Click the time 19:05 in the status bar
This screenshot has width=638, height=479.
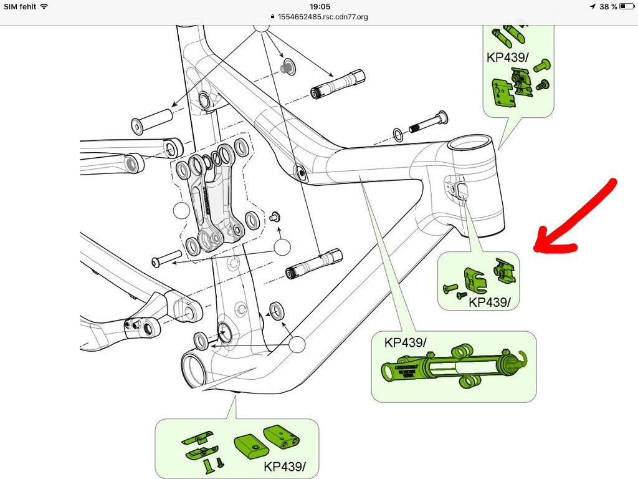pyautogui.click(x=319, y=6)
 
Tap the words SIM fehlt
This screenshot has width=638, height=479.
pyautogui.click(x=20, y=6)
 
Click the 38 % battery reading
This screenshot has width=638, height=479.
pyautogui.click(x=608, y=6)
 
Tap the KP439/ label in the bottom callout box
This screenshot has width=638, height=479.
pyautogui.click(x=284, y=467)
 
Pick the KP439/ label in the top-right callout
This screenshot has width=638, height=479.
pyautogui.click(x=507, y=57)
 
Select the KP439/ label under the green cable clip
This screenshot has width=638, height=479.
pyautogui.click(x=490, y=302)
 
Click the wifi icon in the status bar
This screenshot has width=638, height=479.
pyautogui.click(x=44, y=6)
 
